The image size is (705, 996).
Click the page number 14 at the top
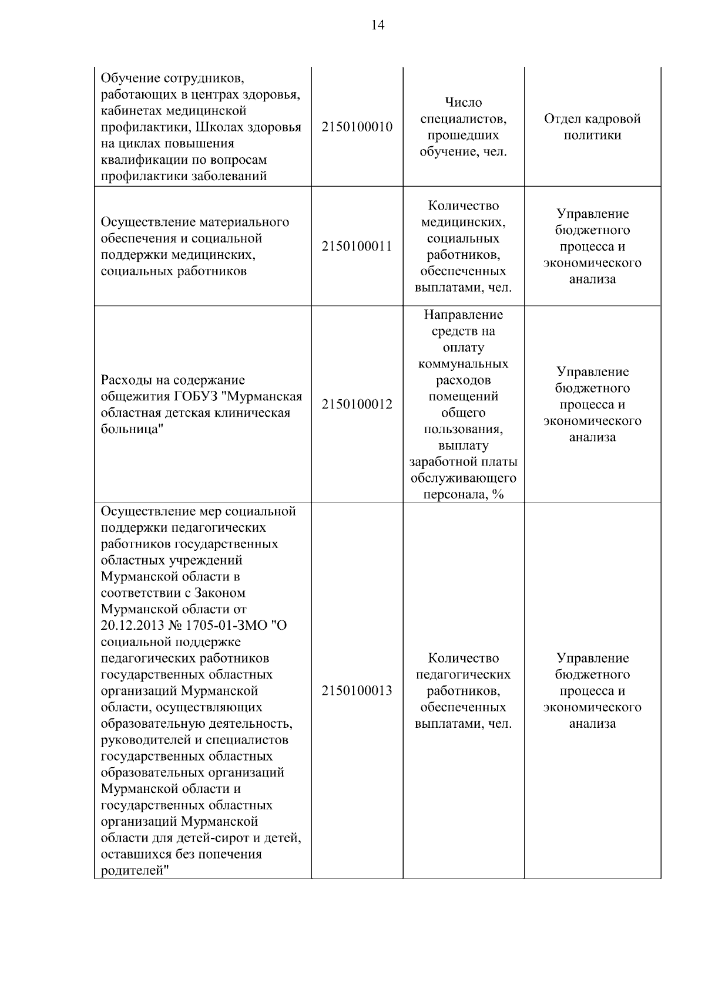coord(378,25)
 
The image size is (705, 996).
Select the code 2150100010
coord(357,127)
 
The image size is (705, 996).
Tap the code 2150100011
coord(357,247)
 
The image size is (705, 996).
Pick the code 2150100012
coord(357,404)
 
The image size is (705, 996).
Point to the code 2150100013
coord(357,691)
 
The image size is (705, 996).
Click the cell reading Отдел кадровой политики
coord(592,127)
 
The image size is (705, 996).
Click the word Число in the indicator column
coord(463,103)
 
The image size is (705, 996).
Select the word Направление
coord(463,315)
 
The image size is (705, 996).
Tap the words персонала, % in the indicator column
coord(463,495)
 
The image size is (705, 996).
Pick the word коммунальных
coord(463,364)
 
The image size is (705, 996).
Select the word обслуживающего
coord(463,478)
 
